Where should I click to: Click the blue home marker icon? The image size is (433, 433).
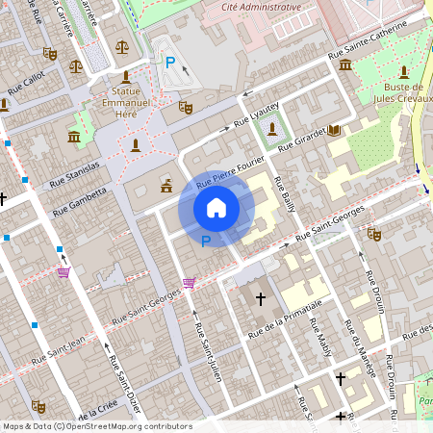pyautogui.click(x=216, y=207)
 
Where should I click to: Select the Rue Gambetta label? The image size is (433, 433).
pyautogui.click(x=79, y=196)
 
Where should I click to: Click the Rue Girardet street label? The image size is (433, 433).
pyautogui.click(x=301, y=140)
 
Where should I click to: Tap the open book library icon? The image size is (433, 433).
pyautogui.click(x=334, y=130)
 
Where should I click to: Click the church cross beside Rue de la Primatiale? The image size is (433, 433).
pyautogui.click(x=260, y=299)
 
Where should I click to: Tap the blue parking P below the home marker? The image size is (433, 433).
pyautogui.click(x=204, y=242)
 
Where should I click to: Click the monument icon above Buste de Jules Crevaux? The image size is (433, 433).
pyautogui.click(x=405, y=72)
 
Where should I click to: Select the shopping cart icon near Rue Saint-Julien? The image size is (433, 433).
pyautogui.click(x=189, y=283)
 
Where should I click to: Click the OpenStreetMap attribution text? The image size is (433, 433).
pyautogui.click(x=96, y=426)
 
